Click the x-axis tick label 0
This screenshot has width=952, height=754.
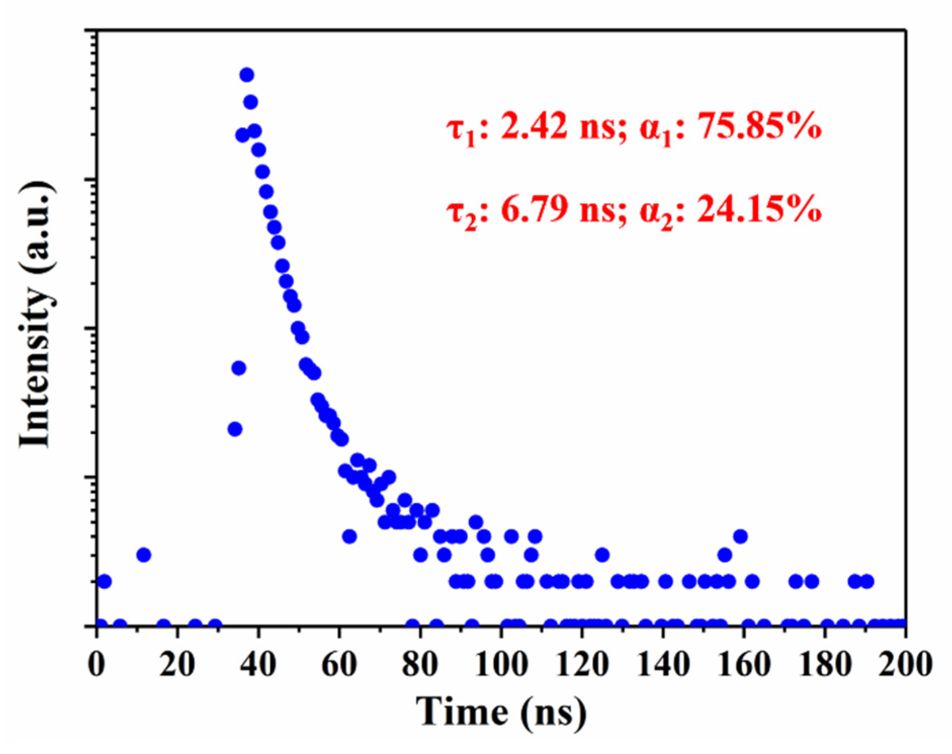point(97,663)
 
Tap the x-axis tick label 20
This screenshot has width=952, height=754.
point(177,663)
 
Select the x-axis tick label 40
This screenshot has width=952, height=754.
point(258,663)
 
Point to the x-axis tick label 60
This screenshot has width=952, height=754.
point(339,663)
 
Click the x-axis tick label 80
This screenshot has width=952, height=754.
point(420,663)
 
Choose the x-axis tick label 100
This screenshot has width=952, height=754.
point(501,663)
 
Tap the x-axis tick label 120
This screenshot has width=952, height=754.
point(582,663)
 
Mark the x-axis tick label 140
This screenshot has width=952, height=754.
point(663,663)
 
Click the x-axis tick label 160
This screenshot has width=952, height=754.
point(744,663)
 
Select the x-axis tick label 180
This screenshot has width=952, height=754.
point(825,663)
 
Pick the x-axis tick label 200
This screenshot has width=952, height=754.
point(904,663)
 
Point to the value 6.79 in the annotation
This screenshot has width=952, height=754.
point(534,208)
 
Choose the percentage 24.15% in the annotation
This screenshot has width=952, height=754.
point(759,208)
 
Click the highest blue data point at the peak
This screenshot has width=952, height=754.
point(247,75)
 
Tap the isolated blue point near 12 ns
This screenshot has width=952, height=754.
point(144,555)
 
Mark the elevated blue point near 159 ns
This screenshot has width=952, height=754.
point(741,536)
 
